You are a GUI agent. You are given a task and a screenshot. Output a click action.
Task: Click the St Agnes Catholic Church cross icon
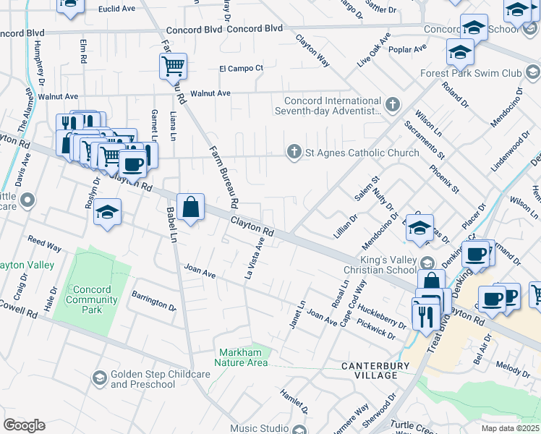click(x=294, y=152)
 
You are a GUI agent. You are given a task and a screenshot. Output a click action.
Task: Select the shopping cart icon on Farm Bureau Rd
click(x=174, y=67)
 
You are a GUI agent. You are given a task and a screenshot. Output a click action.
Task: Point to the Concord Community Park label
click(x=92, y=299)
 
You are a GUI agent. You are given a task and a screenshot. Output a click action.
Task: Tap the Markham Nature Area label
click(x=244, y=357)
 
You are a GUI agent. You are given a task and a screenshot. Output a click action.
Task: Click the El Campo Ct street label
click(x=242, y=68)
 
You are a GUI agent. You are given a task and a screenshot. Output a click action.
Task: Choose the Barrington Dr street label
click(x=153, y=301)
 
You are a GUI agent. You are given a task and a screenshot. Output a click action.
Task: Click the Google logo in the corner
click(x=24, y=425)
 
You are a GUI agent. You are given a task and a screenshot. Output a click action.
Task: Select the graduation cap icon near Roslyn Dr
click(x=107, y=212)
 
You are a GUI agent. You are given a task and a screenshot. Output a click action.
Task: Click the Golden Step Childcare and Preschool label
click(x=142, y=380)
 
